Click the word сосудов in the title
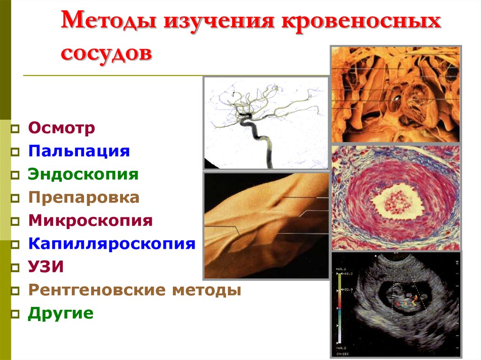point(107,53)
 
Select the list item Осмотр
point(62,128)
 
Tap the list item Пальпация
point(78,151)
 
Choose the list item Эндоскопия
point(83,175)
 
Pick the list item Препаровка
point(84,198)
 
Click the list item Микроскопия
point(90,221)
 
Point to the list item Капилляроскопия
point(111,244)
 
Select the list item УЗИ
point(46,267)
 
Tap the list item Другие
point(61,314)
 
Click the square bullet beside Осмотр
point(16,129)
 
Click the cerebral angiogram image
point(266,123)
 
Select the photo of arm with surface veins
point(266,225)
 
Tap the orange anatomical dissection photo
point(396,94)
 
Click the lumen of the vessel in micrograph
point(395,199)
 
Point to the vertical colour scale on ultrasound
point(339,310)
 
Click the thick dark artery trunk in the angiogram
point(263,141)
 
